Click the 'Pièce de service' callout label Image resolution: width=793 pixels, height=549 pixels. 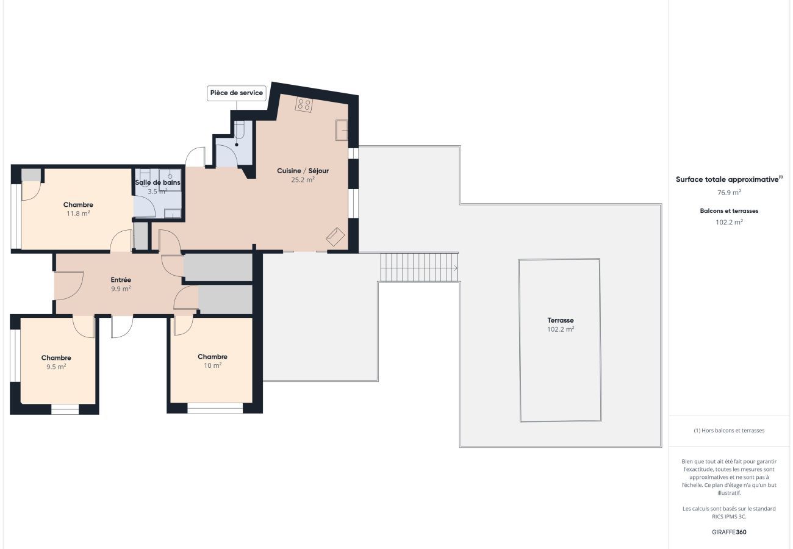click(x=237, y=93)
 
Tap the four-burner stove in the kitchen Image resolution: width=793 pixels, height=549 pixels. click(x=304, y=104)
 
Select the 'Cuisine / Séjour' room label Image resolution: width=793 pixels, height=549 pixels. click(x=303, y=171)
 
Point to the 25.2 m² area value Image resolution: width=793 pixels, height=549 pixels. click(x=303, y=180)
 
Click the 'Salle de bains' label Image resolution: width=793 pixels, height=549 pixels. click(x=157, y=182)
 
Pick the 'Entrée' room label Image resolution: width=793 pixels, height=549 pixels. click(x=121, y=279)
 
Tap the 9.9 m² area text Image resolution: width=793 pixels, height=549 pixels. click(x=121, y=289)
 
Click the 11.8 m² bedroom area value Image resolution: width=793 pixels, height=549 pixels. click(x=78, y=213)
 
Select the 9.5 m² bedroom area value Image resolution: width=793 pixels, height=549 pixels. click(x=56, y=367)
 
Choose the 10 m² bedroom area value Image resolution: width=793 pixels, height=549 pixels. click(x=212, y=365)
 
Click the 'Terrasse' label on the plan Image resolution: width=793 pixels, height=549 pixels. click(x=561, y=320)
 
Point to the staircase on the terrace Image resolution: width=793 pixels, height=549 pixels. click(x=419, y=268)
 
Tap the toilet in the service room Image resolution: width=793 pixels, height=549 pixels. click(x=239, y=130)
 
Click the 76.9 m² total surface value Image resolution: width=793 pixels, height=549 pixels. click(x=729, y=193)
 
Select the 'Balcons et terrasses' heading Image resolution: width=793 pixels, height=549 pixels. click(x=729, y=211)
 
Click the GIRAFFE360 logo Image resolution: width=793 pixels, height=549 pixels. click(x=729, y=532)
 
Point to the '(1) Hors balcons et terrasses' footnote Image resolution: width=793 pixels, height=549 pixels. click(x=729, y=431)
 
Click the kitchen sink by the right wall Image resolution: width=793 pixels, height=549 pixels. click(x=342, y=131)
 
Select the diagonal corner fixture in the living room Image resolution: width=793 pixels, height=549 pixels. click(x=335, y=237)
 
